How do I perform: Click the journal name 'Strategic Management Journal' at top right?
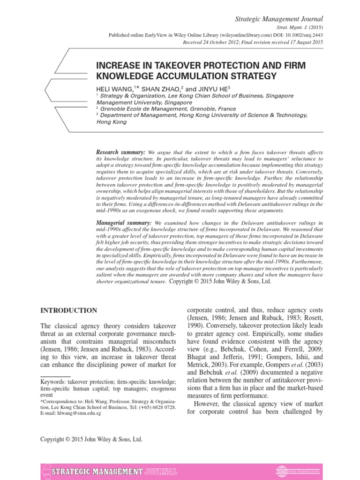coord(281,19)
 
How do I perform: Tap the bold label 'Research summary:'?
coord(120,153)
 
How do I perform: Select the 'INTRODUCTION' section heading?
coord(69,310)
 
